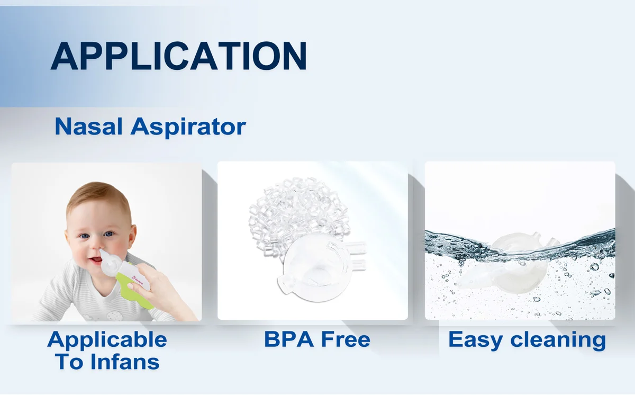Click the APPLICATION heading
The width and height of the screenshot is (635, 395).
(x=179, y=56)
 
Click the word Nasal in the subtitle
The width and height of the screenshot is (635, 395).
(x=88, y=126)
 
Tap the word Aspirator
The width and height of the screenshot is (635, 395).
(x=188, y=127)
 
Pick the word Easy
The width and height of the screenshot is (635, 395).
(x=476, y=340)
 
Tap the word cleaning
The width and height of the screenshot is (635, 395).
(x=558, y=340)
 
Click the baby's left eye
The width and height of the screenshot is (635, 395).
(x=109, y=234)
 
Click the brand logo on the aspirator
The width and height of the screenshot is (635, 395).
(x=138, y=281)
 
